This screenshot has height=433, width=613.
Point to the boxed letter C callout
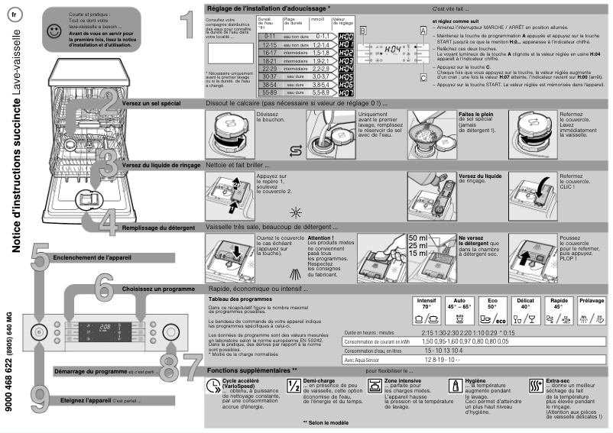coord(423,77)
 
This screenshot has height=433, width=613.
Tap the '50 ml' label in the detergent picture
coord(418,238)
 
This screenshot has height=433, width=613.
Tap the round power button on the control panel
coord(37,331)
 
